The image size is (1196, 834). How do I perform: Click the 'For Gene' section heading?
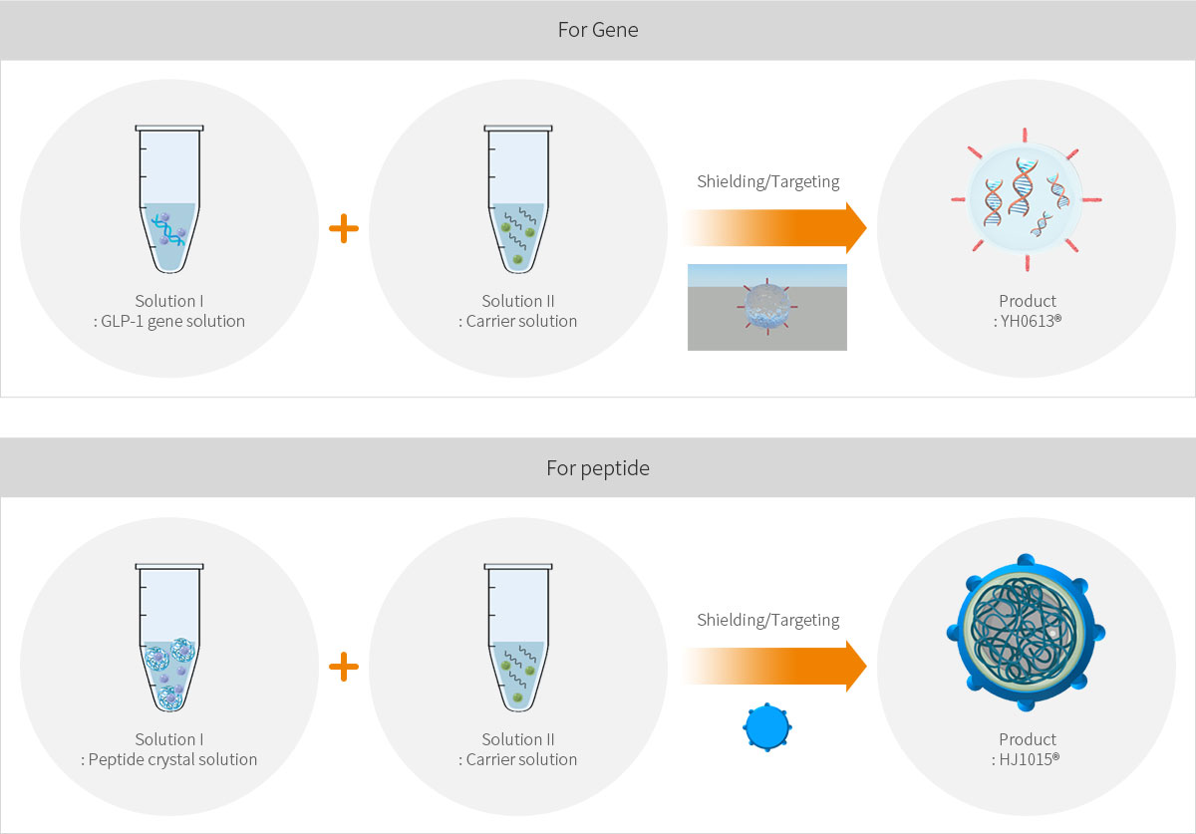[x=598, y=30]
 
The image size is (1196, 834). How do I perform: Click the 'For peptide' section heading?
[x=598, y=467]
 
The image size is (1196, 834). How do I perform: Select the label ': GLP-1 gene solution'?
[x=169, y=321]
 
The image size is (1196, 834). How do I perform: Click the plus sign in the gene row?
[x=343, y=229]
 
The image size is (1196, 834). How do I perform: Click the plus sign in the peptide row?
[x=343, y=667]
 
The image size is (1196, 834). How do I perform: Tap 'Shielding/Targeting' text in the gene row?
[x=768, y=181]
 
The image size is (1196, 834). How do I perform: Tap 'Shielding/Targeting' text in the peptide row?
[x=768, y=620]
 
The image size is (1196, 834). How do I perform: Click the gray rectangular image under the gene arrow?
[x=767, y=307]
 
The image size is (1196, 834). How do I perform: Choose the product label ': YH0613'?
[x=1027, y=321]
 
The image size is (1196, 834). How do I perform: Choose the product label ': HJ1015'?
[x=1027, y=759]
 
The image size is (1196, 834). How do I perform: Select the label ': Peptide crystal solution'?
[x=169, y=759]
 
